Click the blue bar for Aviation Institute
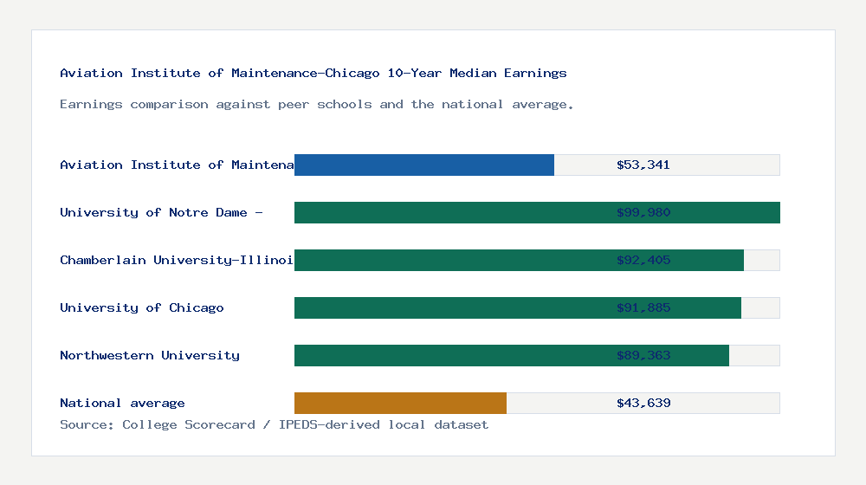[424, 165]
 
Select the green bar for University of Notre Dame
[537, 212]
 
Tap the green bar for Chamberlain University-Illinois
[519, 260]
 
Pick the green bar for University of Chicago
[518, 307]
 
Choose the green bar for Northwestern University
[512, 355]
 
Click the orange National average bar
[400, 403]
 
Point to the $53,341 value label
[643, 165]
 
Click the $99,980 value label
[643, 212]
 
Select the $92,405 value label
[643, 260]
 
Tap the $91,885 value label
[643, 307]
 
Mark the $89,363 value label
[643, 355]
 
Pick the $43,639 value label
[643, 403]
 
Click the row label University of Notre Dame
[161, 212]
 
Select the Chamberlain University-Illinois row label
[177, 260]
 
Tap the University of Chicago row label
[142, 307]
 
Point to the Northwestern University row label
[150, 355]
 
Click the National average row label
[122, 403]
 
